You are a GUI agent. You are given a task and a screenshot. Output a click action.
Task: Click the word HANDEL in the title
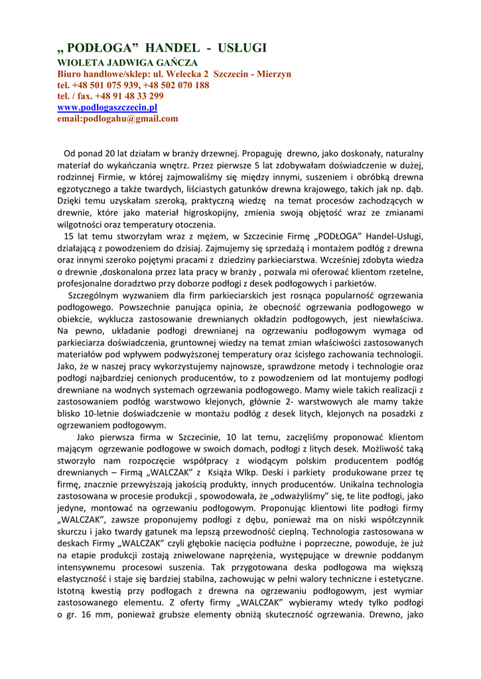(x=171, y=48)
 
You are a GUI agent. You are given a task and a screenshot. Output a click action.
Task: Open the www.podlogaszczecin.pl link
(x=107, y=107)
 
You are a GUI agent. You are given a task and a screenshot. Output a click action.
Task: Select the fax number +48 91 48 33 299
(x=131, y=96)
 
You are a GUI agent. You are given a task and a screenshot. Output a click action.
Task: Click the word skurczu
(x=72, y=532)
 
